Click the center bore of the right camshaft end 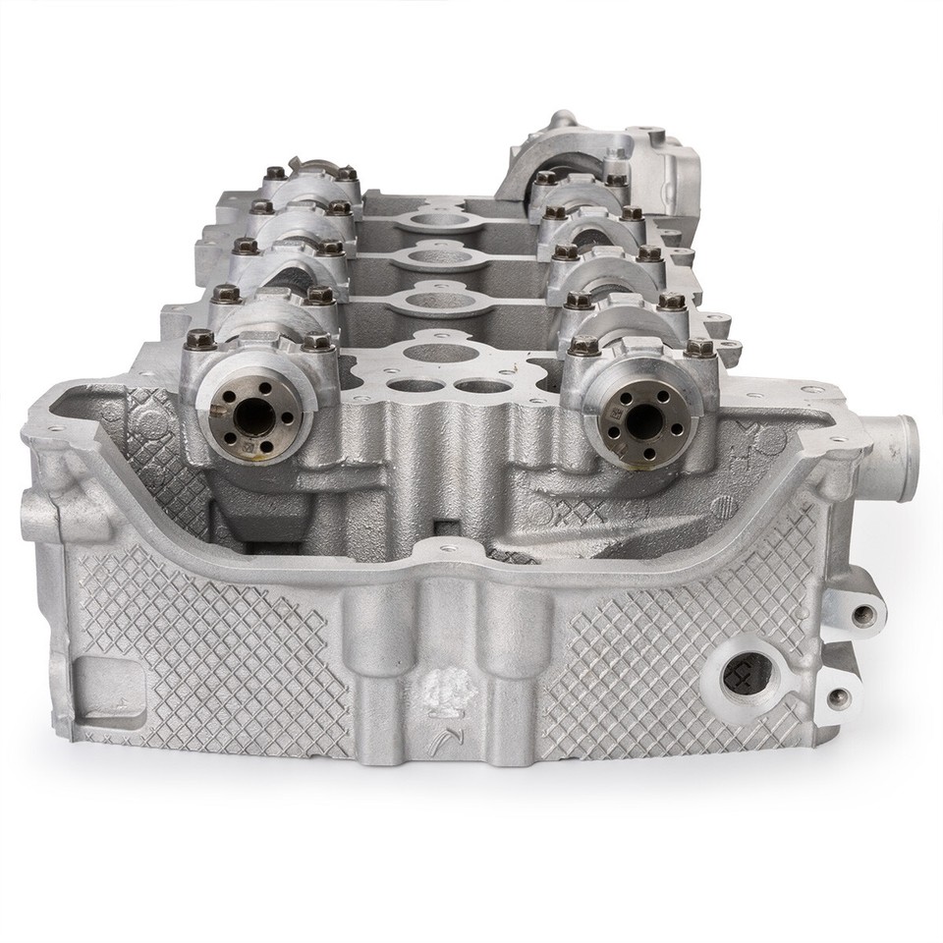point(643,420)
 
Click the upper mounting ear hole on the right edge point(864,616)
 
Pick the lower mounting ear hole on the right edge point(838,698)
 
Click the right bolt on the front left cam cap point(316,341)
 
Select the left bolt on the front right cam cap point(583,345)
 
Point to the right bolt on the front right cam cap point(699,347)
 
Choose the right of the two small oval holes point(484,386)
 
